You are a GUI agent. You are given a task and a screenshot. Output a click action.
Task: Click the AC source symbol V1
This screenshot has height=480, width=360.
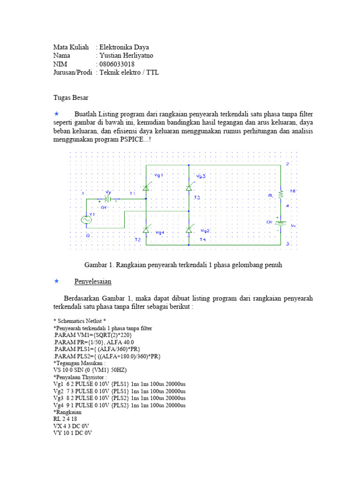(x=87, y=219)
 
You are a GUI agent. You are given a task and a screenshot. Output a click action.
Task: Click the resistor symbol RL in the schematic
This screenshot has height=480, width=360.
(x=281, y=194)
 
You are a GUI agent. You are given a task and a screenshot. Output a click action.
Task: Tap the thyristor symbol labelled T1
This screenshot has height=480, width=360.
(x=145, y=187)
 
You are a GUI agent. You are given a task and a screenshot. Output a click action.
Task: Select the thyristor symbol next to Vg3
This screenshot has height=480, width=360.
(x=189, y=187)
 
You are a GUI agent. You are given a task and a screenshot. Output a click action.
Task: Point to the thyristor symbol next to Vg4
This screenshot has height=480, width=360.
(x=145, y=229)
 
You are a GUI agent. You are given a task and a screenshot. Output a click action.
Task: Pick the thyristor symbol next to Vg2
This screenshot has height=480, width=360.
(x=189, y=229)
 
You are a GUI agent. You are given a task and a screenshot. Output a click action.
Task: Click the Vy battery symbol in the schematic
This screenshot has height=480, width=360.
(x=108, y=199)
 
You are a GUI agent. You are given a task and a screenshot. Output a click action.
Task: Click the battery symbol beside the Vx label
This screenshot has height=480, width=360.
(x=281, y=223)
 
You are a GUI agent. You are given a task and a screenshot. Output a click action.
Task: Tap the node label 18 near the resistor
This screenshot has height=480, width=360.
(x=292, y=191)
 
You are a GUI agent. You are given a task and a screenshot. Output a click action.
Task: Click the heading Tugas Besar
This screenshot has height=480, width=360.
(x=70, y=97)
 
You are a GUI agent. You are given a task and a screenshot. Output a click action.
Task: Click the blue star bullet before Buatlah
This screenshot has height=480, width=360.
(x=57, y=114)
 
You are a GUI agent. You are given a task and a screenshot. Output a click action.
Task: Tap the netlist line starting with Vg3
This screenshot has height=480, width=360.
(x=120, y=398)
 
